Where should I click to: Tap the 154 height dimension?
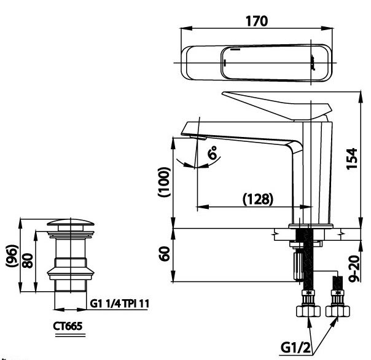click(350, 158)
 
